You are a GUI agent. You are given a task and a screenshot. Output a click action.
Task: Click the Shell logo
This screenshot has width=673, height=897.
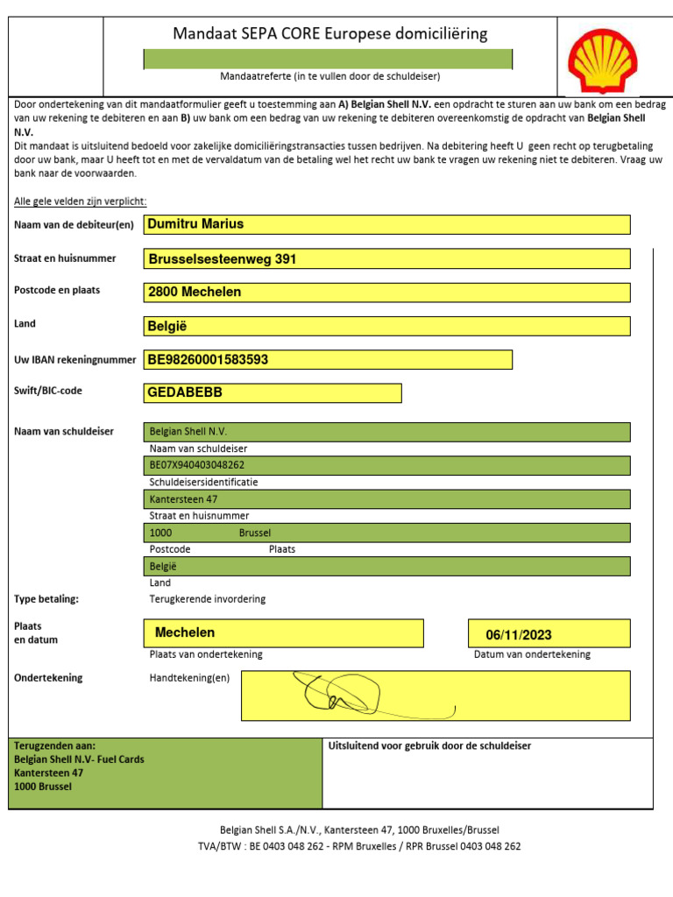(602, 59)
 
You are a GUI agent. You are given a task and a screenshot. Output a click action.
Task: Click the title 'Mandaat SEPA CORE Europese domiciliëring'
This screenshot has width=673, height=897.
(330, 34)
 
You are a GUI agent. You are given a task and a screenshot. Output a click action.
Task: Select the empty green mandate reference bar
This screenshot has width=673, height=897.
(328, 59)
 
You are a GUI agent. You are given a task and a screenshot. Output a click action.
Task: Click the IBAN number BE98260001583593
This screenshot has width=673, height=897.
(209, 359)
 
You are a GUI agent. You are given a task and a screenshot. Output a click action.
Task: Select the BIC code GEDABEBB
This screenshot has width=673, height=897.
(185, 392)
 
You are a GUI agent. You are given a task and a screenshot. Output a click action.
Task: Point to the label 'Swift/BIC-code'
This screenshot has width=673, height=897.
(48, 391)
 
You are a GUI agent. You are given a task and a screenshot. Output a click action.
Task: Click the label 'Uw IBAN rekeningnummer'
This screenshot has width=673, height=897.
(75, 359)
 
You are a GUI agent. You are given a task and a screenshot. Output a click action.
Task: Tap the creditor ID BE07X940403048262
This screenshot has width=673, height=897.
(197, 465)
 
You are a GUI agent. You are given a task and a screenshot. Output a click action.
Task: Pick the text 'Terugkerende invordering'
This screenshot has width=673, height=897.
(208, 599)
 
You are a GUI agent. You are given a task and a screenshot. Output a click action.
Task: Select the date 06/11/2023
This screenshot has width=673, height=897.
(519, 635)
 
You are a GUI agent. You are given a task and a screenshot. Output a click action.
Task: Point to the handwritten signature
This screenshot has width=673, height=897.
(351, 694)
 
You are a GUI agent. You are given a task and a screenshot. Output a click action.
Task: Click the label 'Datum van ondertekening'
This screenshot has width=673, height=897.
(532, 654)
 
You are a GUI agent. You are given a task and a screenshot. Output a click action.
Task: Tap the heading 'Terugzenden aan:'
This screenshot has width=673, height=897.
(55, 745)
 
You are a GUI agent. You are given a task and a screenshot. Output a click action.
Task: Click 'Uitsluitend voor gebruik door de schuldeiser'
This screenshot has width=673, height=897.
(429, 746)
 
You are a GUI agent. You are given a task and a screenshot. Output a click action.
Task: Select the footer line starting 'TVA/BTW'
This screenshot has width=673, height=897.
(359, 846)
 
